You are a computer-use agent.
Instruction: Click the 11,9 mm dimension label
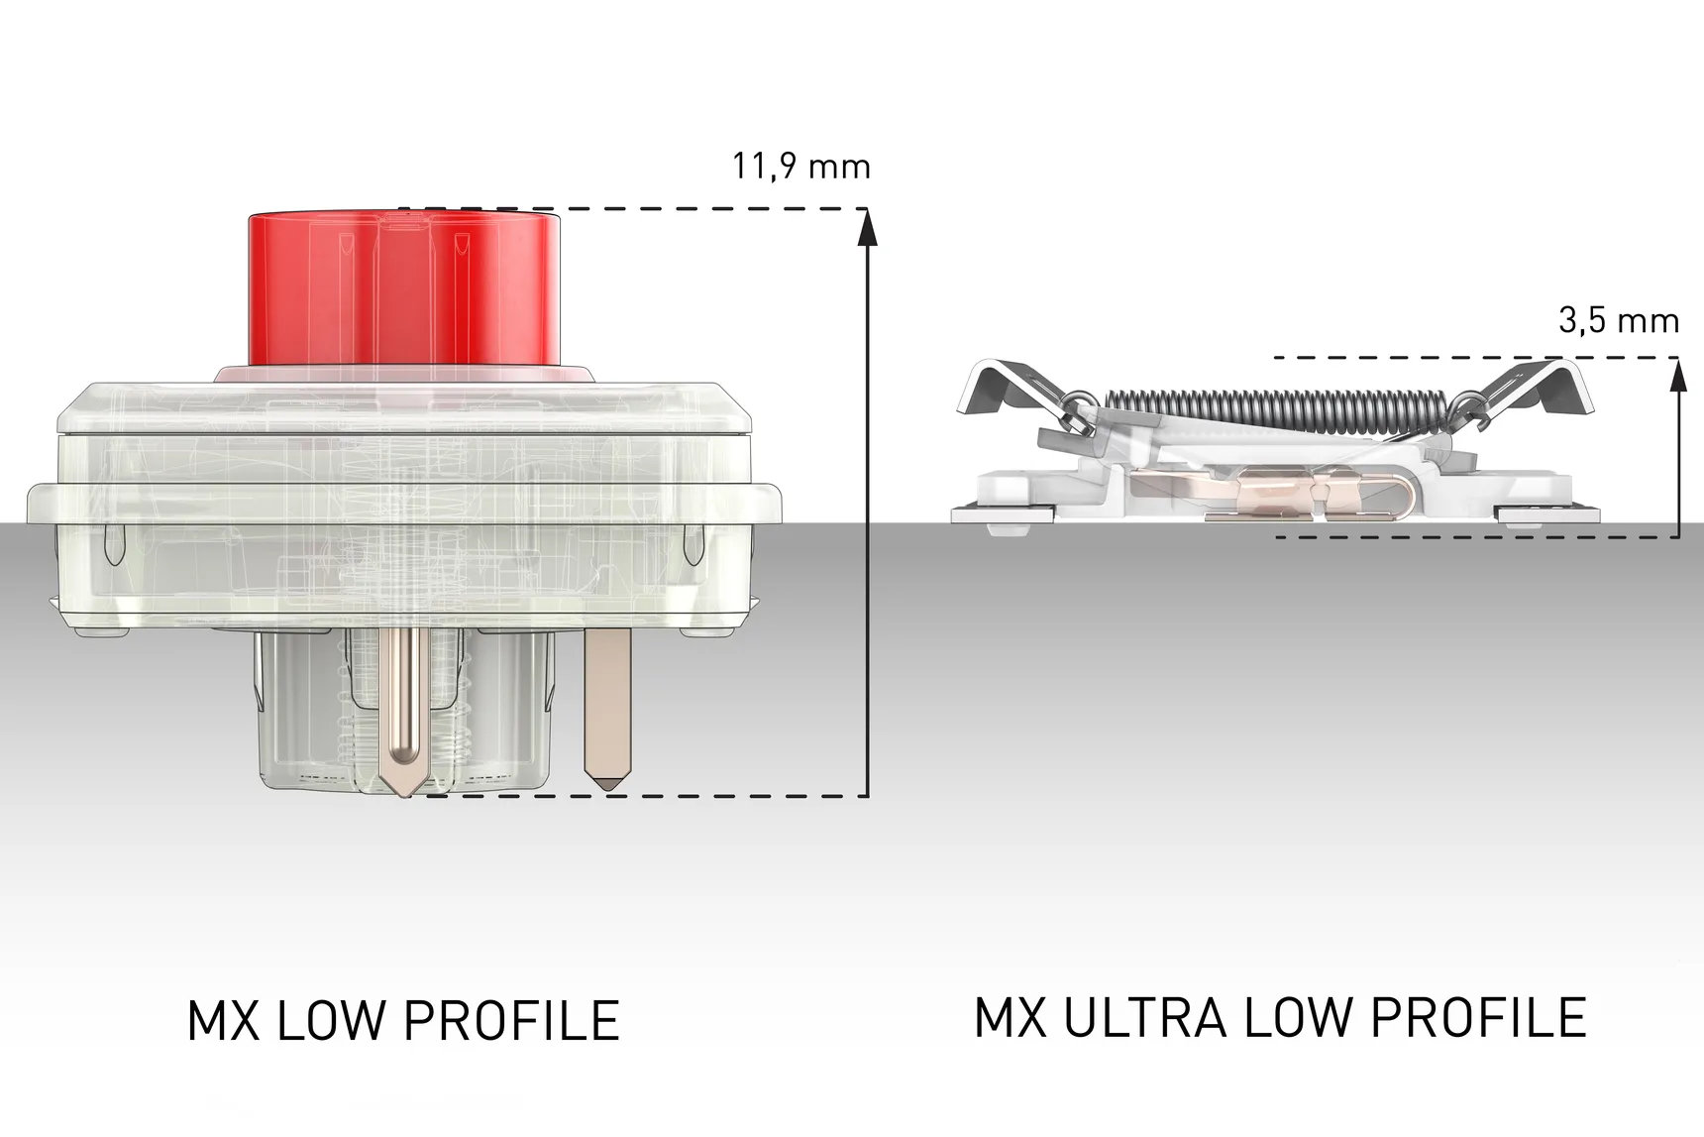tap(800, 167)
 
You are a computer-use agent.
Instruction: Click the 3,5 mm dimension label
tap(1619, 320)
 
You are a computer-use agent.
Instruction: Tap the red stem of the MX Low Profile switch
tap(404, 287)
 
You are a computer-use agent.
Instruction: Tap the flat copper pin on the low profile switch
tap(607, 709)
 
